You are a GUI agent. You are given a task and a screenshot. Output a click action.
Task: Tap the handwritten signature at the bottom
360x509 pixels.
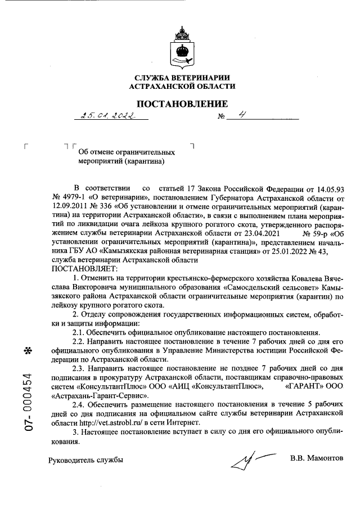(x=250, y=461)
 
